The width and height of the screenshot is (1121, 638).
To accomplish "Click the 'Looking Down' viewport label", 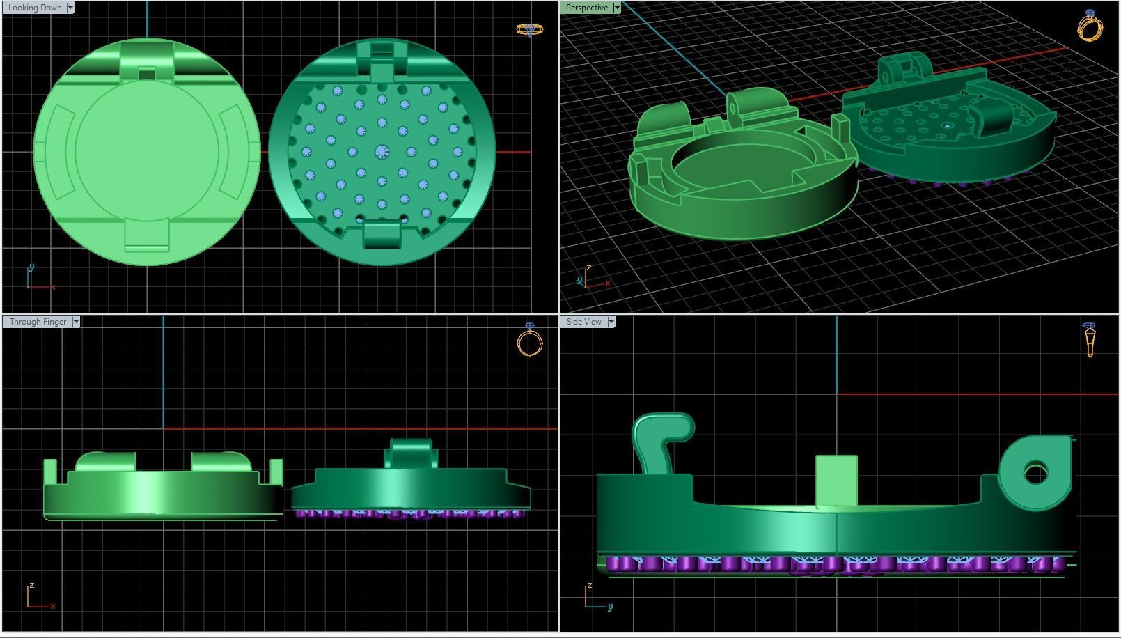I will pos(35,8).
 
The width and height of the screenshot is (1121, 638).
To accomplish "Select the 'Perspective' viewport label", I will pos(586,8).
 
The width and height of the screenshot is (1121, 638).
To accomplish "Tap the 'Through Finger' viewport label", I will pos(38,322).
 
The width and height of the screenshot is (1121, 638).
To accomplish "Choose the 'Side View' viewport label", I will pos(583,322).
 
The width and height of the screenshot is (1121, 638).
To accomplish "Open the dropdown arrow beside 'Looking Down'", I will pos(70,8).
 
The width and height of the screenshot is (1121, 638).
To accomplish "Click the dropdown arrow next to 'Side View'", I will pos(611,322).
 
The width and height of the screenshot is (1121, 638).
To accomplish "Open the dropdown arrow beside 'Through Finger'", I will pos(76,322).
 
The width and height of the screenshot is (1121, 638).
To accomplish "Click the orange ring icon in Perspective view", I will pos(1090,26).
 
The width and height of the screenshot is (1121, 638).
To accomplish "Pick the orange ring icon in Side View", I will pos(1090,339).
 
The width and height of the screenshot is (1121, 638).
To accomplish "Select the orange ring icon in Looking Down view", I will pos(529,29).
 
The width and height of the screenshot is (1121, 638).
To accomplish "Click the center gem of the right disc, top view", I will pos(382,152).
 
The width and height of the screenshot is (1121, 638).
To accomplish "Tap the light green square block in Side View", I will pos(836,481).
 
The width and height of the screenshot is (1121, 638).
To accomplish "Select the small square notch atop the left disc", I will pos(147,73).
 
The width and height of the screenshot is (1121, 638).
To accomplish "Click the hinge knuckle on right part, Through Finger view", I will pos(411,454).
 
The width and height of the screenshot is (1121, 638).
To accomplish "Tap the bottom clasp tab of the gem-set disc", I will pos(382,234).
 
